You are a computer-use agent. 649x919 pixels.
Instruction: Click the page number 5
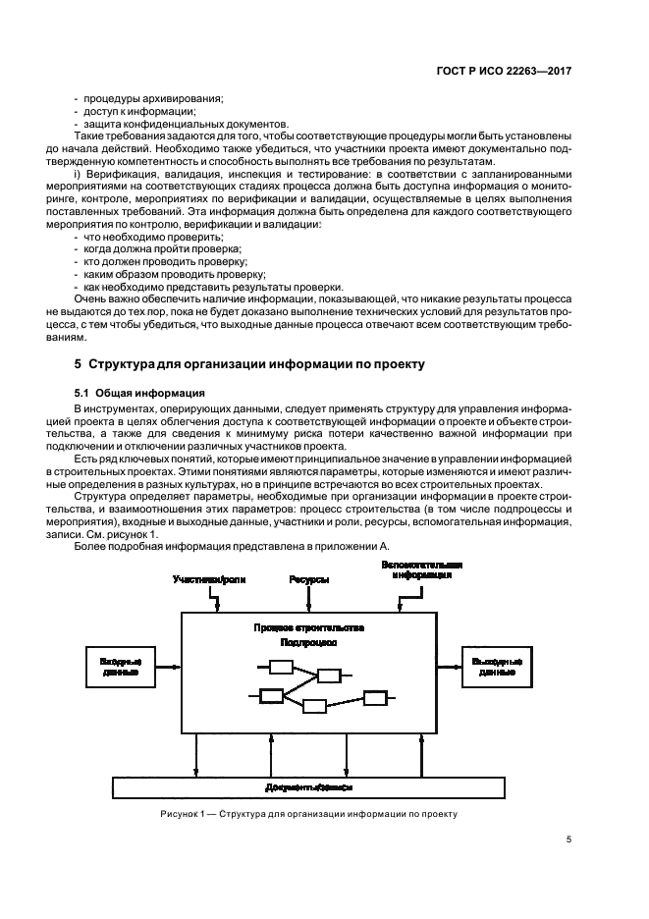568,838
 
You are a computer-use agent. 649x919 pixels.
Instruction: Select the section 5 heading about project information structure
249,363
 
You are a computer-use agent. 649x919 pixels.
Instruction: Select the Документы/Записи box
309,787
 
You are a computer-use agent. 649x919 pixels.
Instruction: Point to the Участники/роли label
209,580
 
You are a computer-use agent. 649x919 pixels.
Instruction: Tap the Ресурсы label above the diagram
308,580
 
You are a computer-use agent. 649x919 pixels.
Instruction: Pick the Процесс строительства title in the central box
308,626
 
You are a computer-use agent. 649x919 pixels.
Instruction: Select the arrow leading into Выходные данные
450,669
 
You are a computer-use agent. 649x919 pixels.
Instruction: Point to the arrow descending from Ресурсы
308,599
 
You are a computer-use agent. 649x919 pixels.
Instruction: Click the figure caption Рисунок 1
309,813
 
